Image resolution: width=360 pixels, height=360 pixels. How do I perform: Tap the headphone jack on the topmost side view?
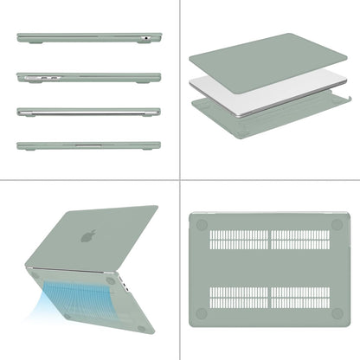tap(147, 39)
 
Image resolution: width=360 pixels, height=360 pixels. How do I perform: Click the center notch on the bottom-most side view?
tap(88, 146)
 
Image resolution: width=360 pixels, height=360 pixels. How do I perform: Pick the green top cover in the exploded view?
tap(260, 61)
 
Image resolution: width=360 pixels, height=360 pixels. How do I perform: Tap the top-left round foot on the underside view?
tap(202, 223)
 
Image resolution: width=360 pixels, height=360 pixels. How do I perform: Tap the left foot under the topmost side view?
tap(26, 42)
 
